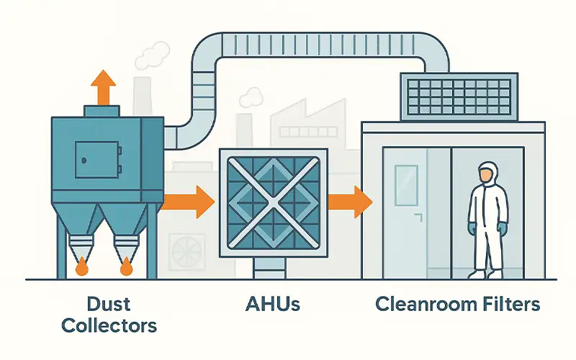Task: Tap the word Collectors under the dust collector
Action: coord(109,325)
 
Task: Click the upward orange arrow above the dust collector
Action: coord(104,87)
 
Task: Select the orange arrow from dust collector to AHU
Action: coord(188,202)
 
